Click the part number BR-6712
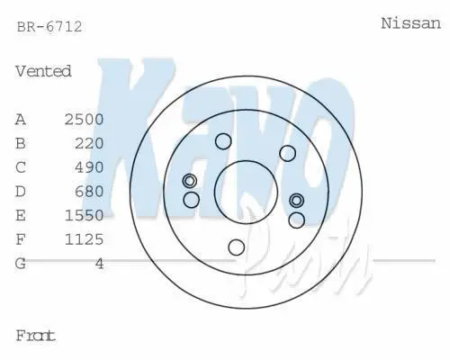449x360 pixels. coord(49,27)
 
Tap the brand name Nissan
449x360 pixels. coord(411,23)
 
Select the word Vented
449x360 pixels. coord(43,71)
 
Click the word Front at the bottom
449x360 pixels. coord(35,336)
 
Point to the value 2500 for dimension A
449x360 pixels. coord(84,120)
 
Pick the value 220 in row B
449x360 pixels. coord(89,143)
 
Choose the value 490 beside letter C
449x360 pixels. coord(89,167)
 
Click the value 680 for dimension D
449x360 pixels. coord(89,192)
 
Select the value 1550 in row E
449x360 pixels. coord(84,215)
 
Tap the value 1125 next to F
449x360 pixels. coord(84,239)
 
